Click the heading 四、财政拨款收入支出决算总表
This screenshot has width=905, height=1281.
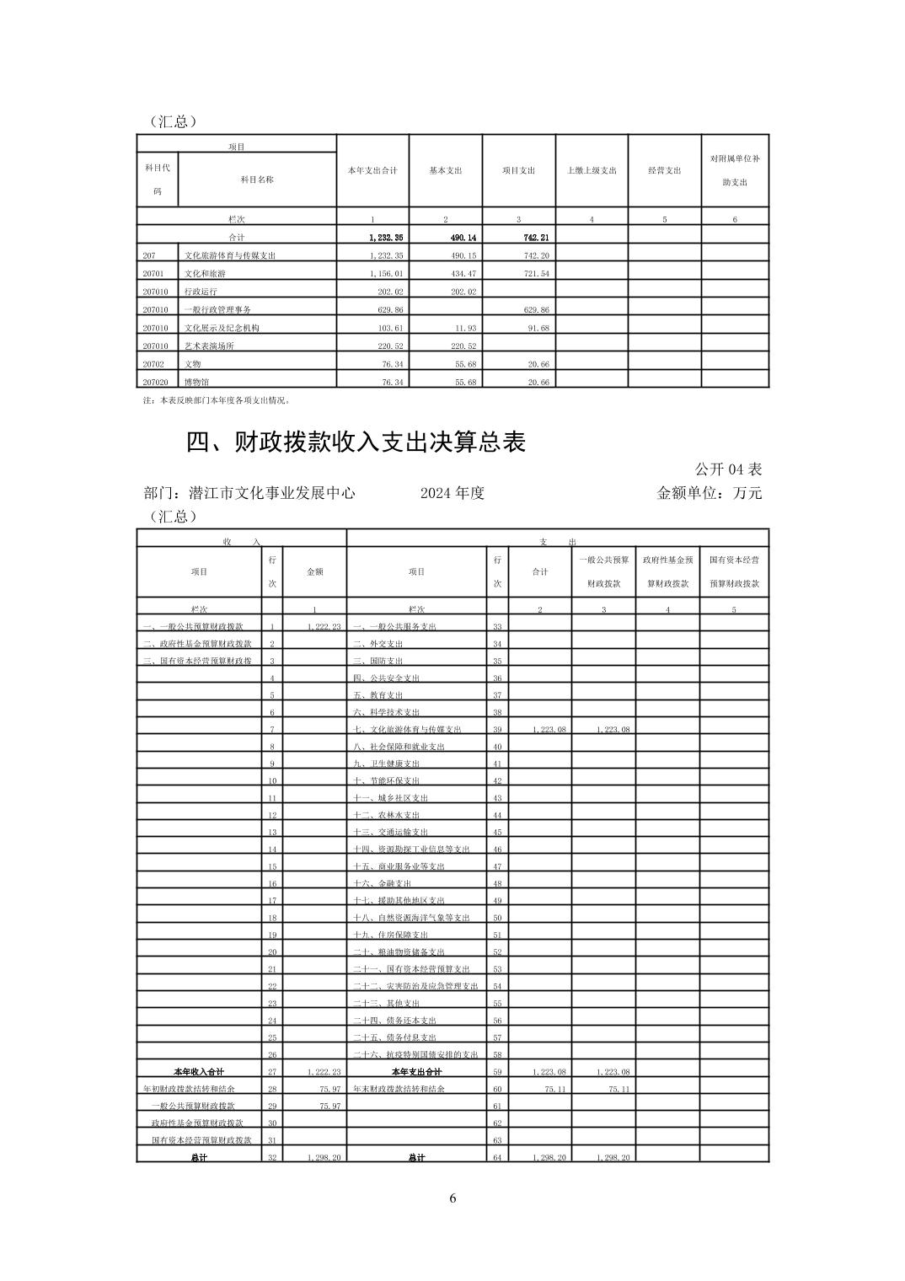[x=356, y=442]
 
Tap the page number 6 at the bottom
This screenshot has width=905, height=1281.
[x=452, y=1198]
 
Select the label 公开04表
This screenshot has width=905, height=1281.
[x=728, y=469]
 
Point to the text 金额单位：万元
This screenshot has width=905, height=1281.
[x=709, y=493]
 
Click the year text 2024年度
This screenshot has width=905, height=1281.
[x=452, y=493]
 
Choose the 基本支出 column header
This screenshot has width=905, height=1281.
[x=446, y=170]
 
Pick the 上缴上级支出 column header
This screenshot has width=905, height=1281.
[x=592, y=170]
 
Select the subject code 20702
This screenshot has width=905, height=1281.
[x=153, y=364]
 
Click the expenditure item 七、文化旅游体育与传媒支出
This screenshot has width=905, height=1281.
[x=408, y=729]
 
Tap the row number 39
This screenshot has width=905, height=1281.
[x=497, y=729]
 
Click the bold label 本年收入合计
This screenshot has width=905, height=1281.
[x=199, y=1072]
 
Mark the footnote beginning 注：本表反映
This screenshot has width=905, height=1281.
[x=217, y=400]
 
